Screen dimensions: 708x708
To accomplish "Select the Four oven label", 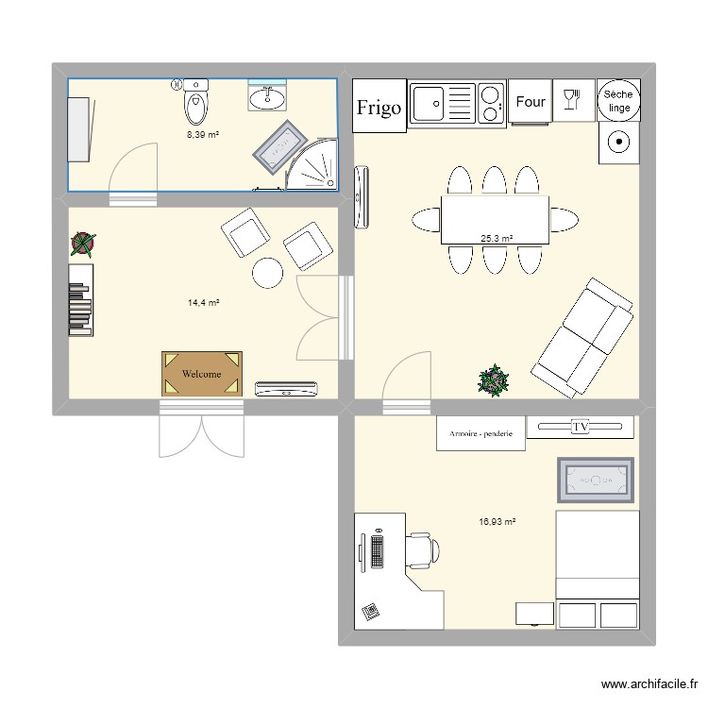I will click(531, 102).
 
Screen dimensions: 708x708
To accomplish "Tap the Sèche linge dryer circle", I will click(619, 100).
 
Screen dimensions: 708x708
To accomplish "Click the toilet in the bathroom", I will click(195, 104).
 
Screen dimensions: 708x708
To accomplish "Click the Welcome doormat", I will click(202, 374).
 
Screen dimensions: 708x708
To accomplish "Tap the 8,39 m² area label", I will click(203, 135).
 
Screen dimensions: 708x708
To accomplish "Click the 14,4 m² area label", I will click(203, 303).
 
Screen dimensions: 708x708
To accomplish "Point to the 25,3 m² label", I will click(497, 239).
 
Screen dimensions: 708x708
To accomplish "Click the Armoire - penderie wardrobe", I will click(480, 433).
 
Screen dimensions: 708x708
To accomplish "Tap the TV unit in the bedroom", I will click(580, 427).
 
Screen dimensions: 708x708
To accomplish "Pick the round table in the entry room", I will click(267, 273).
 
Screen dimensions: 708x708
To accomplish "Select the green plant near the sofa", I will click(493, 380).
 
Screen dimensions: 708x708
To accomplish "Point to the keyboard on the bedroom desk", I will click(379, 551).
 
